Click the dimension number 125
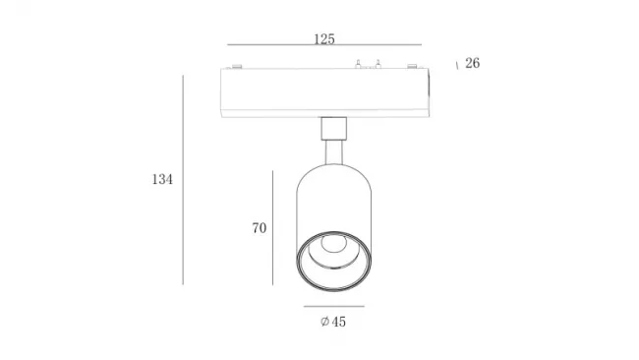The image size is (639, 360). pos(324,39)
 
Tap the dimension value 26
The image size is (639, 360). pos(472,63)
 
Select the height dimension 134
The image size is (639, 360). pos(162,179)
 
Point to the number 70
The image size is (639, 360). pos(260,228)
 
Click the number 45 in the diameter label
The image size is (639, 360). pos(338,322)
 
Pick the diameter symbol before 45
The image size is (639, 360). pos(324,322)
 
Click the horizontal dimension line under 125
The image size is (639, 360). pos(324,44)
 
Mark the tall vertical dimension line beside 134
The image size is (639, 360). pos(183,180)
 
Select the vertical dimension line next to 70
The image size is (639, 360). pos(272,228)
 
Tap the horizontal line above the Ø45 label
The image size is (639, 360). pos(334,306)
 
